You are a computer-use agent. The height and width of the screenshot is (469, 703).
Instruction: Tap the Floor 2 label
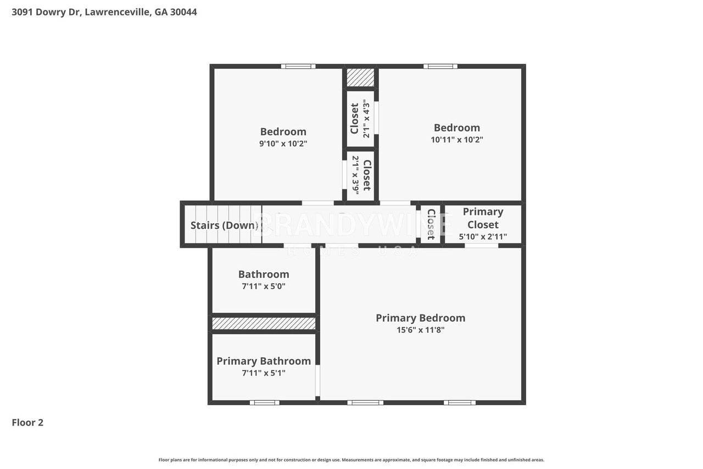pos(27,422)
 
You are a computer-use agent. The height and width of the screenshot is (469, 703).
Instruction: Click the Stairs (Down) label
pos(225,225)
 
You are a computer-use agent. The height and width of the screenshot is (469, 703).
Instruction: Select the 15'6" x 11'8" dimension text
pos(421,330)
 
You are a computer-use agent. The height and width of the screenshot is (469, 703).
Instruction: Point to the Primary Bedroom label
pos(421,318)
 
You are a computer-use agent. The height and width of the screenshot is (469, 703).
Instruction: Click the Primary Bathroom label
pos(264,361)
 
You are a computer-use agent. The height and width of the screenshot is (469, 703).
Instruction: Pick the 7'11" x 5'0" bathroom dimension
pos(264,286)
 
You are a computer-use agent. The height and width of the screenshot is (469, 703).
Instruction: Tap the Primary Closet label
pos(483,218)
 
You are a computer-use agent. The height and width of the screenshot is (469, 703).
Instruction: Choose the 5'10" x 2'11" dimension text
pos(483,236)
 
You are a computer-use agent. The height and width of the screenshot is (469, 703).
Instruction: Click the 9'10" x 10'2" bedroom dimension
pos(283,144)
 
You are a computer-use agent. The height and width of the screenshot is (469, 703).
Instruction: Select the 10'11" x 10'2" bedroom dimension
pos(457,140)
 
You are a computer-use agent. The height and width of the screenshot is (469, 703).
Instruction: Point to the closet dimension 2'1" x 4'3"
pos(366,119)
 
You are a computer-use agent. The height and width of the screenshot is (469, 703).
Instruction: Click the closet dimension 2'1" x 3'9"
pos(355,175)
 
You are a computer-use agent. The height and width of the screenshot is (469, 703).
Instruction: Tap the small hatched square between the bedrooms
pos(360,78)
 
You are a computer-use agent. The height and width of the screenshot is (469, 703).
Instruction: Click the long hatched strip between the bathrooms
pos(264,323)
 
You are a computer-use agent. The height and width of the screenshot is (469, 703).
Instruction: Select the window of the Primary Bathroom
pos(265,402)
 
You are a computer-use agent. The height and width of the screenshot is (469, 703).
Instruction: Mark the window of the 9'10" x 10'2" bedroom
pos(298,67)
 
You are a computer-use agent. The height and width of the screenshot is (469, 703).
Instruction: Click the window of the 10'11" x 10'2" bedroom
pos(440,67)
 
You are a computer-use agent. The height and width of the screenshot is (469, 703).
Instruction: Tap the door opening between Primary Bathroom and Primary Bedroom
pos(317,380)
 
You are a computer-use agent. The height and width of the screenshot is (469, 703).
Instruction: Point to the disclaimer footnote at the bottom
pos(351,460)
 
